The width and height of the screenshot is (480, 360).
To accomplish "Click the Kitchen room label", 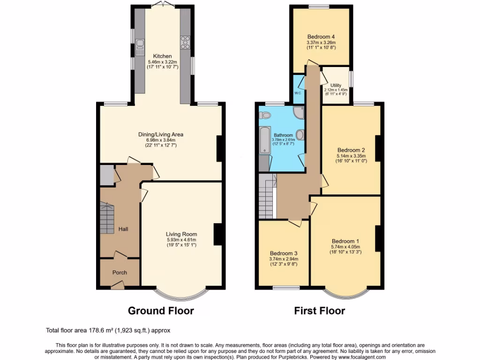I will pos(156,56).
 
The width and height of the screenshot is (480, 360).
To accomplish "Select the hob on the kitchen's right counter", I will pos(185,42).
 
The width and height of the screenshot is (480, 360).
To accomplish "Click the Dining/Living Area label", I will pos(160,135).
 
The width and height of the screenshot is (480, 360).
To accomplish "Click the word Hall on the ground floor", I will pos(123,229).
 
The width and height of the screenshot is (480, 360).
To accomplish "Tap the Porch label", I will pos(119,272).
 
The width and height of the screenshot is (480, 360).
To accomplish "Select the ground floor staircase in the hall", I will pos(107,219).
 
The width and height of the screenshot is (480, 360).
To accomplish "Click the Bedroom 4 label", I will pos(321,37).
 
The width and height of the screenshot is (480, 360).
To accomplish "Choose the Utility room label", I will pos(336,85).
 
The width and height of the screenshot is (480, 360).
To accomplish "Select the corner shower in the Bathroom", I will pos(298,112).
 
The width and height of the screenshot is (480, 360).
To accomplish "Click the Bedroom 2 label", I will pos(351,150).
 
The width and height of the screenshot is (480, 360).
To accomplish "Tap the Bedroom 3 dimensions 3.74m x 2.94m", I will pos(284,259).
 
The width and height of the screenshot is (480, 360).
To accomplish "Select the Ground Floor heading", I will pos(161,310).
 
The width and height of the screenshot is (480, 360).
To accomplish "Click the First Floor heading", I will pos(319,310).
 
